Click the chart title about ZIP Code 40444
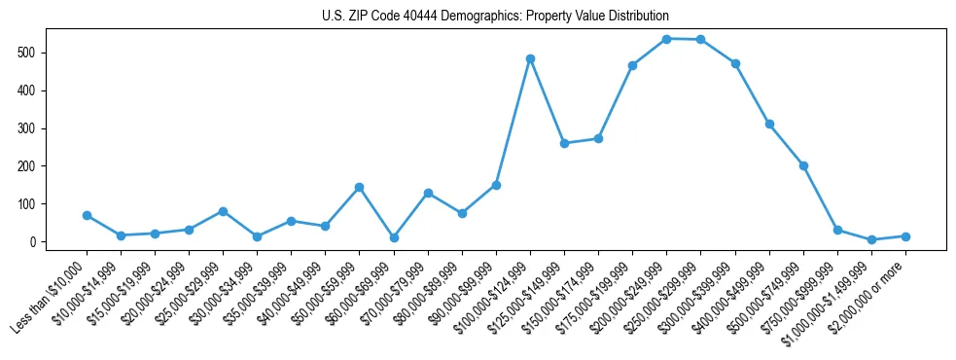coord(495,17)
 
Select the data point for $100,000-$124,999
coord(530,58)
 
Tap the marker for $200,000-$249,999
coord(666,39)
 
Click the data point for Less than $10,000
coord(87,215)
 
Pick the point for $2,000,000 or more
coord(905,236)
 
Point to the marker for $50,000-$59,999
coord(359,187)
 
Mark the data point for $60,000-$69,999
coord(393,237)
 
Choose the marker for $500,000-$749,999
coord(803,165)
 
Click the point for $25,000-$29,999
coord(223,211)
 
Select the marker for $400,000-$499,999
coord(769,124)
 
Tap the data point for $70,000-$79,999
coord(428,193)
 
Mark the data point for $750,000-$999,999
coord(837,231)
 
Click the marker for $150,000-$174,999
coord(598,138)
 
